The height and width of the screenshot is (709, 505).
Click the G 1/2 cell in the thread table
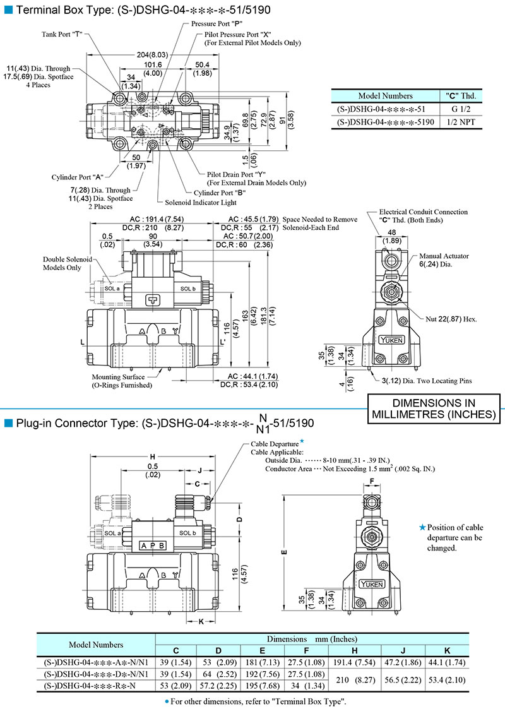tap(461, 109)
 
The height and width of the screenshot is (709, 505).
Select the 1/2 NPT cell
tap(461, 122)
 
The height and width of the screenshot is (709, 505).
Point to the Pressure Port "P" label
tap(217, 23)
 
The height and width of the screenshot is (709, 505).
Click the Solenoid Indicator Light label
tap(201, 203)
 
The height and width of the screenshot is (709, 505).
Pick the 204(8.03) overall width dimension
tap(152, 55)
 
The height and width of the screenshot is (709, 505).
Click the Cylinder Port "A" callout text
tap(78, 177)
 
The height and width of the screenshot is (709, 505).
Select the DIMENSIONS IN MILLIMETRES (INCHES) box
tap(434, 408)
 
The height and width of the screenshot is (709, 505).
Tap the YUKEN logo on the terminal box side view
tap(391, 340)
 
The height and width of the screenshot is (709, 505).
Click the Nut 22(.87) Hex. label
tap(451, 319)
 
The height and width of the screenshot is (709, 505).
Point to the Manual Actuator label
tap(444, 256)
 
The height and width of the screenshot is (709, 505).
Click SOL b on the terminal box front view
tap(187, 289)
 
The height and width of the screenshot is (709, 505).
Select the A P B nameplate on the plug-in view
tap(152, 545)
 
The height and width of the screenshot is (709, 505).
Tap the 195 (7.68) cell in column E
tap(262, 686)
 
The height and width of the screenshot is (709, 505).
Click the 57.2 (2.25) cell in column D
tap(218, 686)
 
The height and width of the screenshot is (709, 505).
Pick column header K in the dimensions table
tap(447, 651)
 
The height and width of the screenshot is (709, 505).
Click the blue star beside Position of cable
tap(423, 527)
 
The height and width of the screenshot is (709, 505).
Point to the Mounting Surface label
tap(119, 377)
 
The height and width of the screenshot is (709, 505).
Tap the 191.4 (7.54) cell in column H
tap(355, 662)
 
